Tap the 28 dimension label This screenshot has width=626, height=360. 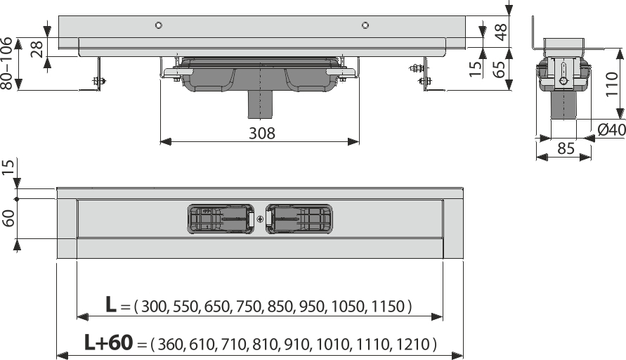36,48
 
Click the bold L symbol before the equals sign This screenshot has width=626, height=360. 111,305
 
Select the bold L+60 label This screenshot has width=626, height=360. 108,343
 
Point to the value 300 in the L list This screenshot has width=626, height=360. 155,307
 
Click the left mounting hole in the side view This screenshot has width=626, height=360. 159,26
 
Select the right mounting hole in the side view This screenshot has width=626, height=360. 365,26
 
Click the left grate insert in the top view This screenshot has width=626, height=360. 221,219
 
